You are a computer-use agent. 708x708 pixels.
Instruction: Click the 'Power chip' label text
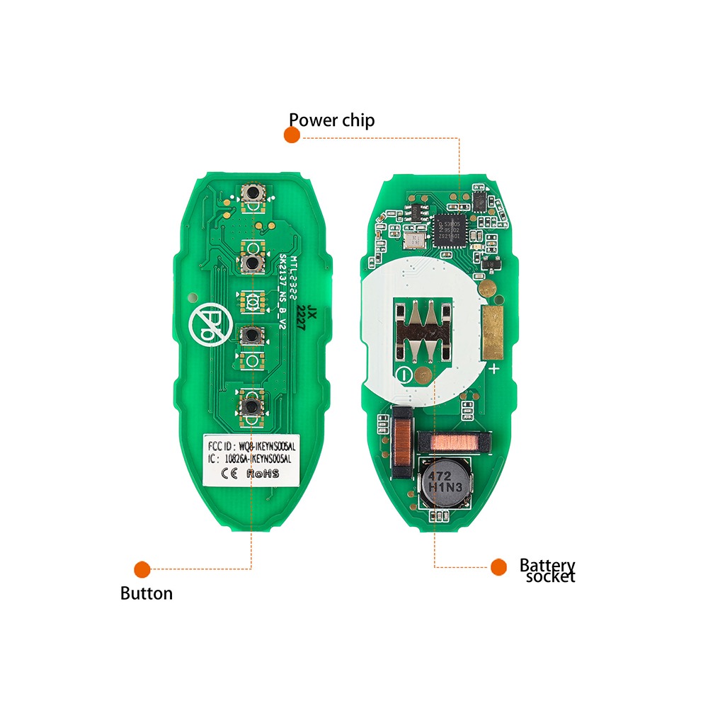pos(331,120)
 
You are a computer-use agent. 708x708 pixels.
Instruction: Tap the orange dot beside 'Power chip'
pos(292,135)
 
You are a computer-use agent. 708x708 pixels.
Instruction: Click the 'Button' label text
pos(146,593)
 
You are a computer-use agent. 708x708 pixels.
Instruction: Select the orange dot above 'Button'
pos(142,569)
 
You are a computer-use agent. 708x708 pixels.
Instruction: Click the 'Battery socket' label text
pos(547,571)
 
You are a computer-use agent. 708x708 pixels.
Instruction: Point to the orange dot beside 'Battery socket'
pos(499,566)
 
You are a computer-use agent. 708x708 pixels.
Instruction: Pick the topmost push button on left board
pos(251,191)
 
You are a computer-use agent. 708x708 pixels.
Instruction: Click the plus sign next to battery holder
pos(493,368)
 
